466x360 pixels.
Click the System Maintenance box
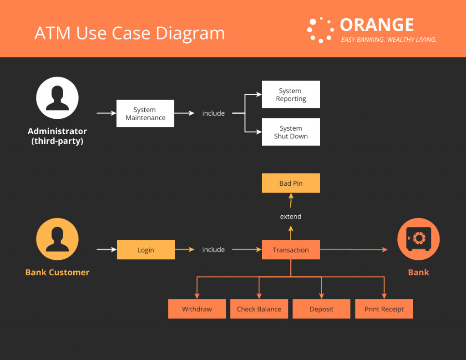coord(145,113)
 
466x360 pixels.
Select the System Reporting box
coord(291,95)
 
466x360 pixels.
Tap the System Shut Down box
coord(291,132)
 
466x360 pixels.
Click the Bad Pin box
coord(291,183)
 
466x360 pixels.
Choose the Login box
coord(146,250)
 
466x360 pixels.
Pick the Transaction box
coord(291,250)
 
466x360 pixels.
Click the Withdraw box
coord(197,309)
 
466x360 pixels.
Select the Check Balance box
coord(259,309)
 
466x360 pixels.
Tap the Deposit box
coord(321,309)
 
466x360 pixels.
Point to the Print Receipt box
coord(384,309)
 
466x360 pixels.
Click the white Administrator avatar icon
coord(57,98)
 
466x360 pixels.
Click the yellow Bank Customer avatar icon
coord(57,239)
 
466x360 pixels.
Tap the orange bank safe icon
coord(418,239)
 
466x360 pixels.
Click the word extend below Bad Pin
coord(291,217)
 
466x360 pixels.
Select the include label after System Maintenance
coord(213,113)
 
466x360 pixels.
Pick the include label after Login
coord(213,250)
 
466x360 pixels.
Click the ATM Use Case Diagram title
coord(130,33)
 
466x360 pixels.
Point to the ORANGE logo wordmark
coord(377,25)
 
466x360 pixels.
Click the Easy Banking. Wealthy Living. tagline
coord(389,40)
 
